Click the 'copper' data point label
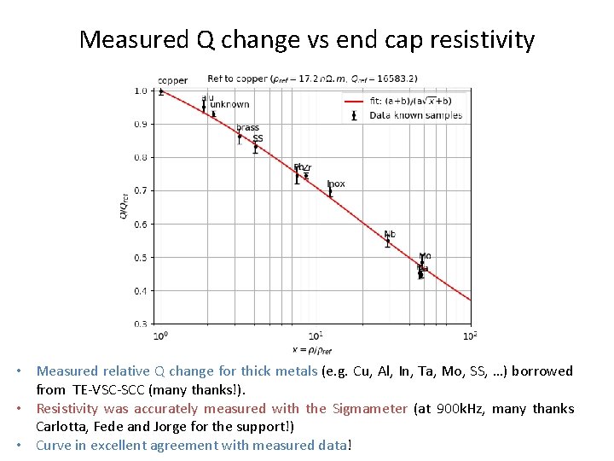[x=173, y=81]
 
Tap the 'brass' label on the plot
[x=248, y=128]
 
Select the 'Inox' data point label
[x=336, y=184]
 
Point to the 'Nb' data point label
[x=390, y=234]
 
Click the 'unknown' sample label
[x=230, y=104]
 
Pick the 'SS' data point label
[x=258, y=138]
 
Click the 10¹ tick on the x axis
[x=316, y=335]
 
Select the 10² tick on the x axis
[x=471, y=335]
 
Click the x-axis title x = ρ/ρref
[x=312, y=349]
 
